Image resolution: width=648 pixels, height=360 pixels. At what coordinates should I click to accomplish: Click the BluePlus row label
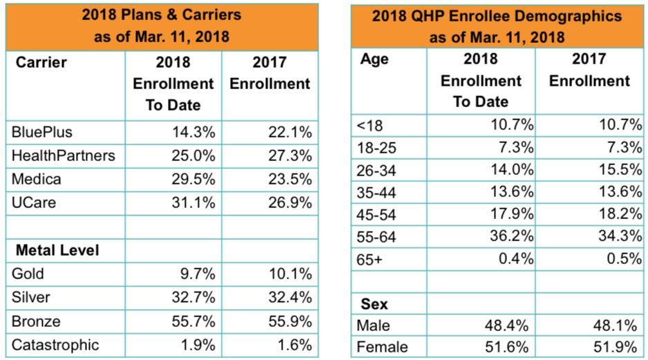[42, 132]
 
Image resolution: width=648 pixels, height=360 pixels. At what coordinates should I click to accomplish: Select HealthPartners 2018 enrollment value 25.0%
[193, 155]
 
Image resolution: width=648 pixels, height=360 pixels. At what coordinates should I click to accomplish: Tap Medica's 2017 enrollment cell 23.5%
[289, 179]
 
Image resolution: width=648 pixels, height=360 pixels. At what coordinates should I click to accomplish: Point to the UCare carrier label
[35, 202]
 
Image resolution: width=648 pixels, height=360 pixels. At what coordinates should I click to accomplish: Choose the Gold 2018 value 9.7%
[198, 274]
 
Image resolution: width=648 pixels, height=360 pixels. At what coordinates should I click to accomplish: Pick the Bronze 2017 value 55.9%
[289, 321]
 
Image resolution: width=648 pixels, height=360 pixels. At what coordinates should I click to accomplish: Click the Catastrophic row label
[55, 345]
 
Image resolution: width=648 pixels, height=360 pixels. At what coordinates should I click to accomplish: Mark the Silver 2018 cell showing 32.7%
[193, 297]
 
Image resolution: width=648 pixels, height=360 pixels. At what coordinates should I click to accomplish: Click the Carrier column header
[41, 62]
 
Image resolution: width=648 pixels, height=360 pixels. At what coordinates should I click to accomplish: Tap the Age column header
[374, 59]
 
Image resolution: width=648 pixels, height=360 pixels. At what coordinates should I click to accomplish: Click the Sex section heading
[374, 304]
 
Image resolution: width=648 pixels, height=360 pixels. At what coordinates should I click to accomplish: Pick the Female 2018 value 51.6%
[512, 347]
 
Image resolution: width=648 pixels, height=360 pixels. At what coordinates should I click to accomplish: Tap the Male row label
[374, 325]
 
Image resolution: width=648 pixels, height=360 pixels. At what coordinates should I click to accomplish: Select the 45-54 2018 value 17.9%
[512, 213]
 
